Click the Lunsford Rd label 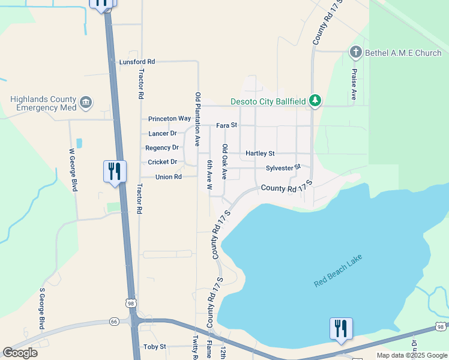137,62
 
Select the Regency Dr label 162,148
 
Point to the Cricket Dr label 162,162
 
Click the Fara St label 227,125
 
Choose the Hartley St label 260,154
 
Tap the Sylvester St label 283,167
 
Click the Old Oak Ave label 224,161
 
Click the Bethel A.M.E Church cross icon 355,53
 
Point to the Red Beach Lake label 339,271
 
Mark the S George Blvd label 42,308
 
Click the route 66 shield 115,322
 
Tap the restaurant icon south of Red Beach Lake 340,328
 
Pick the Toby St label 155,347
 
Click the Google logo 20,353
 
